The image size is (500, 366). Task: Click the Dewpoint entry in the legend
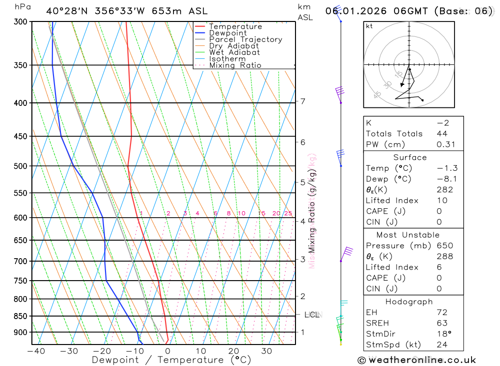click(x=227, y=33)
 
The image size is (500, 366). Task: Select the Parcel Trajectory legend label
click(x=245, y=39)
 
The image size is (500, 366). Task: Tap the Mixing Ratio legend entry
click(x=235, y=65)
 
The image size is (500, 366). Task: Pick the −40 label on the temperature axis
click(x=35, y=351)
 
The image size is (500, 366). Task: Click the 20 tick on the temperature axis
click(x=233, y=351)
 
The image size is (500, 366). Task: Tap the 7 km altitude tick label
click(x=303, y=101)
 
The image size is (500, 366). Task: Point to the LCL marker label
click(x=312, y=315)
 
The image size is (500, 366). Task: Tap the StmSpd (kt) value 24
click(x=442, y=345)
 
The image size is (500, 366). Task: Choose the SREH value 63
click(x=442, y=323)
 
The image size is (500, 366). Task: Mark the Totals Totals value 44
click(x=442, y=134)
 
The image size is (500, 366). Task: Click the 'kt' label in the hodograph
click(x=369, y=26)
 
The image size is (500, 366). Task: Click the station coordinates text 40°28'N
click(x=65, y=10)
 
